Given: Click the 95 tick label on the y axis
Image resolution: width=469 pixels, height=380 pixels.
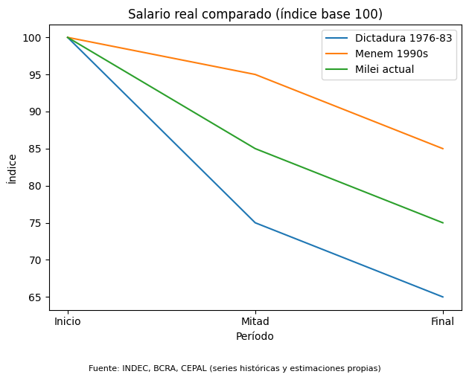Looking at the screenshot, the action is click(35, 74).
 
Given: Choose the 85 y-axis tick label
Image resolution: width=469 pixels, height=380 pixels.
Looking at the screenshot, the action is click(35, 149).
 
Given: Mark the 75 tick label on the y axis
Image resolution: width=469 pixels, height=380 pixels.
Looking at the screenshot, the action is click(35, 223).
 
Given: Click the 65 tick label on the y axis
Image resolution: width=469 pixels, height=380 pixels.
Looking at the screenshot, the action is click(35, 297).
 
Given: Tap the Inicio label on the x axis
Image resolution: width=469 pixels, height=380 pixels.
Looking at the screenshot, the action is click(68, 321).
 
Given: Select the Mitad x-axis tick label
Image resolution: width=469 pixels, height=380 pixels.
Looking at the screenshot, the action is click(255, 321).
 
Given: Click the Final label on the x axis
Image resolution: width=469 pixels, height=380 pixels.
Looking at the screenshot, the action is click(443, 321).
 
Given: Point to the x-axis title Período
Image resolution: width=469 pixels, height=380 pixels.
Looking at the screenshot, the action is click(255, 336).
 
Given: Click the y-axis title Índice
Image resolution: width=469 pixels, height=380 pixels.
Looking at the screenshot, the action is click(12, 169).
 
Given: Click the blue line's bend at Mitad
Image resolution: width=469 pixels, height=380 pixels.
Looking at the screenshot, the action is click(255, 223).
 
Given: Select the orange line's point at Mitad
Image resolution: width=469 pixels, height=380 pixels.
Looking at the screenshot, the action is click(255, 74).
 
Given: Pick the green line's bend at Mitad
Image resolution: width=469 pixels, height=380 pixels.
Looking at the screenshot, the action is click(255, 149).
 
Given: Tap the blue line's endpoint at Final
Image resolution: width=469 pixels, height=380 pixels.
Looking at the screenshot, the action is click(443, 297).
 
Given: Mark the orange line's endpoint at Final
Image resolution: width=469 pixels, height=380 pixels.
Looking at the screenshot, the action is click(443, 149).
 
